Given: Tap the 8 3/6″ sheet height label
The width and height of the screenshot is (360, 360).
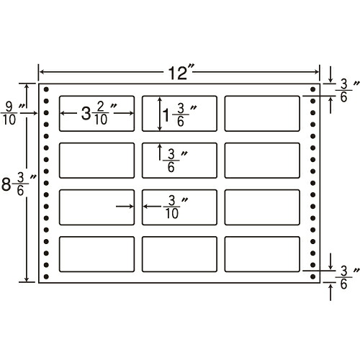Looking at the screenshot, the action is (x=19, y=184).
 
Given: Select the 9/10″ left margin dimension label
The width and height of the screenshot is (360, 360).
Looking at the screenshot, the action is (x=13, y=113).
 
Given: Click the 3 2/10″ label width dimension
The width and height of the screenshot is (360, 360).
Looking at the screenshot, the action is (x=99, y=113).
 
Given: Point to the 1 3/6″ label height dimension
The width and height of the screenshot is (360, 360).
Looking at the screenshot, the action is (x=179, y=114).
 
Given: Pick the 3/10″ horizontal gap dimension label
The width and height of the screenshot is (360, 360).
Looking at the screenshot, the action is (x=175, y=207).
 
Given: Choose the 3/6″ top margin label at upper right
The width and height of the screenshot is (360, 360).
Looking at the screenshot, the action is (x=347, y=90).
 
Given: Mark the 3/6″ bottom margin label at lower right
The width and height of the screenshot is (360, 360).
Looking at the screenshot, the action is (x=347, y=277).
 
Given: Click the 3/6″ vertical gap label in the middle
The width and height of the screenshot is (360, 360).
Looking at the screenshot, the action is (x=175, y=161).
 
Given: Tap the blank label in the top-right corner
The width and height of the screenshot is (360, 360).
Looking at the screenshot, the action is (x=262, y=114).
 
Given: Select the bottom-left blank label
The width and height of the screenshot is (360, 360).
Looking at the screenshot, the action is (x=96, y=254).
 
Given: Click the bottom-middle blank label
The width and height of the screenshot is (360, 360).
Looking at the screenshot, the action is (x=179, y=254).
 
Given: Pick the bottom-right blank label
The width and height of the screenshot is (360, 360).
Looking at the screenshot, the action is (x=262, y=254).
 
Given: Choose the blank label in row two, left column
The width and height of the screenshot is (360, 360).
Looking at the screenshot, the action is (x=96, y=161).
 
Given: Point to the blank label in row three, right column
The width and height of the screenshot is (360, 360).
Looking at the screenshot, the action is (x=262, y=207).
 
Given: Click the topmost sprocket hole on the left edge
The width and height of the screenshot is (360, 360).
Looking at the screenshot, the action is (x=46, y=89).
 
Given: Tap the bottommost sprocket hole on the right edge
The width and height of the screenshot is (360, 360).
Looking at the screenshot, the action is (x=312, y=276).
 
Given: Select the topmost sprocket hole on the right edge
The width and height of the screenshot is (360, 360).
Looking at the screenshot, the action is (x=312, y=89).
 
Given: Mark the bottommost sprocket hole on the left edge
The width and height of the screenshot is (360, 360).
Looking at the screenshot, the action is (x=46, y=276).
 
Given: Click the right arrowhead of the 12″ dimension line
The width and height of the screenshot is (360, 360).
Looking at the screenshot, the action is (x=317, y=72).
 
